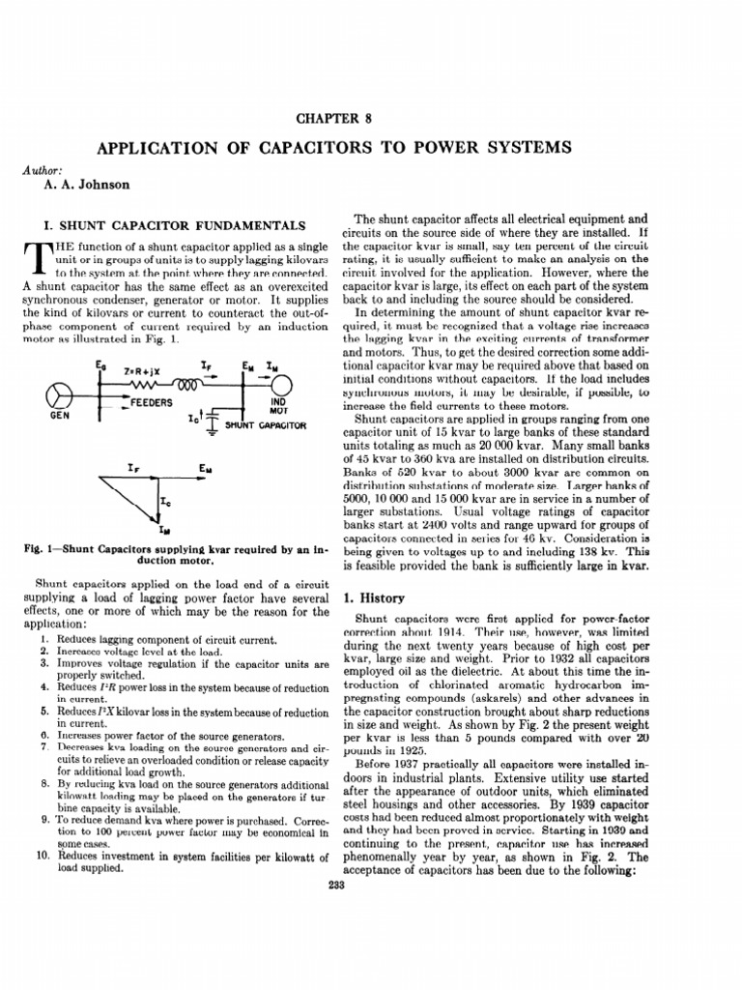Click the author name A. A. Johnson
(90, 185)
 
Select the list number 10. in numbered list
(43, 856)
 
